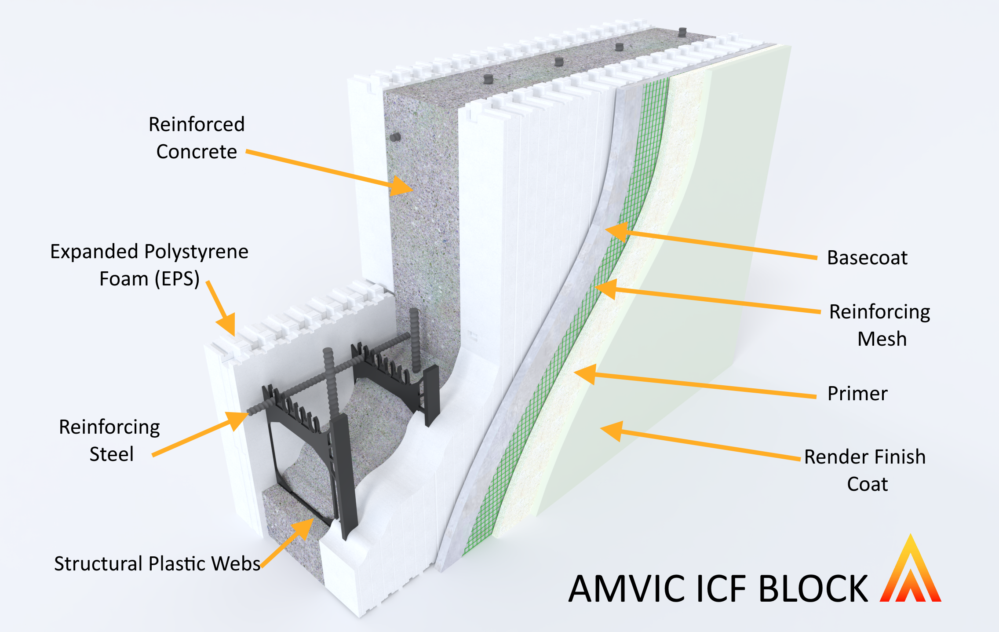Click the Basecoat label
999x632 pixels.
(x=867, y=258)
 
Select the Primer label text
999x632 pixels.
(x=857, y=394)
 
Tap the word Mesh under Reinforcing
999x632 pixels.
(x=882, y=339)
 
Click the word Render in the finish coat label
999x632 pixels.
(x=831, y=457)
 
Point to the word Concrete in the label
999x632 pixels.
(x=197, y=152)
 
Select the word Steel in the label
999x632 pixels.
(x=111, y=454)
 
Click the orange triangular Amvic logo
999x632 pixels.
(x=910, y=572)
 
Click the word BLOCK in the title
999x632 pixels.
(x=813, y=589)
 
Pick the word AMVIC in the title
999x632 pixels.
(x=629, y=589)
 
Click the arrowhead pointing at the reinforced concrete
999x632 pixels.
(x=401, y=186)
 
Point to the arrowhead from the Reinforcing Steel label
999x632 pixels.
(x=237, y=420)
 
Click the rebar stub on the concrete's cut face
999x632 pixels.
(x=395, y=137)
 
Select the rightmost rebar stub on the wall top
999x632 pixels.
(x=682, y=32)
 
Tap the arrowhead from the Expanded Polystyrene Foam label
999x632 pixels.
(x=227, y=325)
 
